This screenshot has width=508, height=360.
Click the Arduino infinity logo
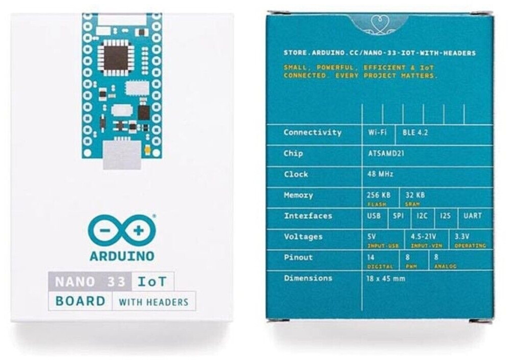click(x=121, y=231)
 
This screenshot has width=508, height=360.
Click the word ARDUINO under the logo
click(x=122, y=255)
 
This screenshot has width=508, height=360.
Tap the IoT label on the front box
click(x=153, y=281)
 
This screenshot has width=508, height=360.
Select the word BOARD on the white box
click(x=80, y=301)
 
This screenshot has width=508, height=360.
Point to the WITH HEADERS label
click(x=153, y=302)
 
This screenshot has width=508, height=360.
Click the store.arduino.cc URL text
click(x=380, y=53)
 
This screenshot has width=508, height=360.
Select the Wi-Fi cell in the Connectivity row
click(x=377, y=132)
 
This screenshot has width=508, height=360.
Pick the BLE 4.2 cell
click(x=415, y=132)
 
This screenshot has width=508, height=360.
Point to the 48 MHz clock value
click(x=380, y=174)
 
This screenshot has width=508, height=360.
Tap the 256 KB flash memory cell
click(x=379, y=196)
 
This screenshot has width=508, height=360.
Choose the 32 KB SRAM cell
click(x=415, y=196)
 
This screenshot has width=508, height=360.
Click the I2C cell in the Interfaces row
click(x=422, y=216)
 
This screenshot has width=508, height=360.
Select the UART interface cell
click(x=473, y=216)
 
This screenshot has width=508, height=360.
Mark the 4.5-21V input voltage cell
click(x=424, y=238)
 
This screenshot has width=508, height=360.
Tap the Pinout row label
click(x=298, y=257)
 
